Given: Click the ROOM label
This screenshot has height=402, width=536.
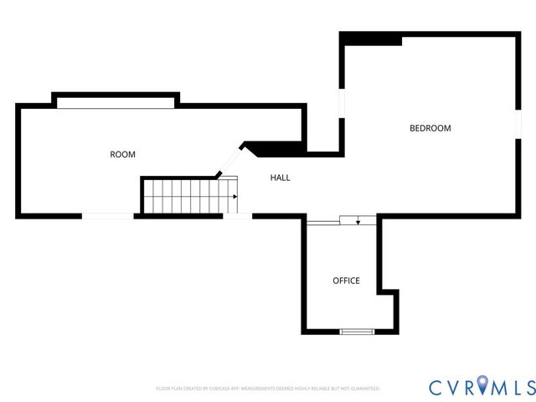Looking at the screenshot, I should point(122,154).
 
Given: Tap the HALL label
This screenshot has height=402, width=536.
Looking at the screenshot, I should point(281,178).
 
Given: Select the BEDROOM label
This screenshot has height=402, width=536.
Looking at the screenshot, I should point(430,128).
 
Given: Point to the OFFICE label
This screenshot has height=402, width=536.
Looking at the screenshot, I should point(346,281).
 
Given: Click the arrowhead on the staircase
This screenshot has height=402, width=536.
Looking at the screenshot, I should point(234,197).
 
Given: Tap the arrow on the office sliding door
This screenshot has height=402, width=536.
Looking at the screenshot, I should point(358,222).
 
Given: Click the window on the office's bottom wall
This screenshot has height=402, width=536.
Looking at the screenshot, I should point(357,332).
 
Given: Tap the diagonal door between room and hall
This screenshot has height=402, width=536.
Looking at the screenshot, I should point(230,160).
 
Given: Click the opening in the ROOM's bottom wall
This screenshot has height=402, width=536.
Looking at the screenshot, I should point(107,216).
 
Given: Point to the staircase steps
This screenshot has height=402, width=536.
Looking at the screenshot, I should point(184,197).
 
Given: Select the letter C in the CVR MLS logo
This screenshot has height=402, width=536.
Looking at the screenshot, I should point(437,387).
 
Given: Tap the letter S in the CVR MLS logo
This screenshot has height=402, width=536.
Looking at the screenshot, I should point(528,387).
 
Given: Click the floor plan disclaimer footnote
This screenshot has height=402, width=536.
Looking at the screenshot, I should point(268,389).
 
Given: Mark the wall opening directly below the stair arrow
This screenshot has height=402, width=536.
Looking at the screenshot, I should point(237,216).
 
